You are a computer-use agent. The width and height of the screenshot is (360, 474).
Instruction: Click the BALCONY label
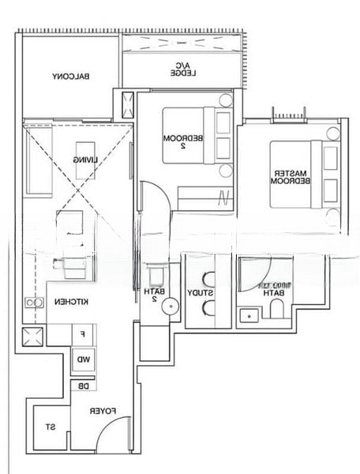70,77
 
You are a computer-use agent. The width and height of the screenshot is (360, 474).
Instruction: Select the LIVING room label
86,160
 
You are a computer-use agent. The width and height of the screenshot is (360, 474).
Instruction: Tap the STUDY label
199,293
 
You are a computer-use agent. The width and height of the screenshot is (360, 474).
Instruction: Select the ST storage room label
49,427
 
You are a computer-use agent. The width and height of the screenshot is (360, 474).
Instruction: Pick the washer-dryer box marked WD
83,360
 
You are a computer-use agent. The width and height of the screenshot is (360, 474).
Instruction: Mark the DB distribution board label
83,386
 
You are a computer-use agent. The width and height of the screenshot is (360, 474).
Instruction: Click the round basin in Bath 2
167,311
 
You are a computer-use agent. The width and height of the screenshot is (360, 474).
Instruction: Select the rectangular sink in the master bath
249,314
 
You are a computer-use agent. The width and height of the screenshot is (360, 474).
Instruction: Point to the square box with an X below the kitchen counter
34,337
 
